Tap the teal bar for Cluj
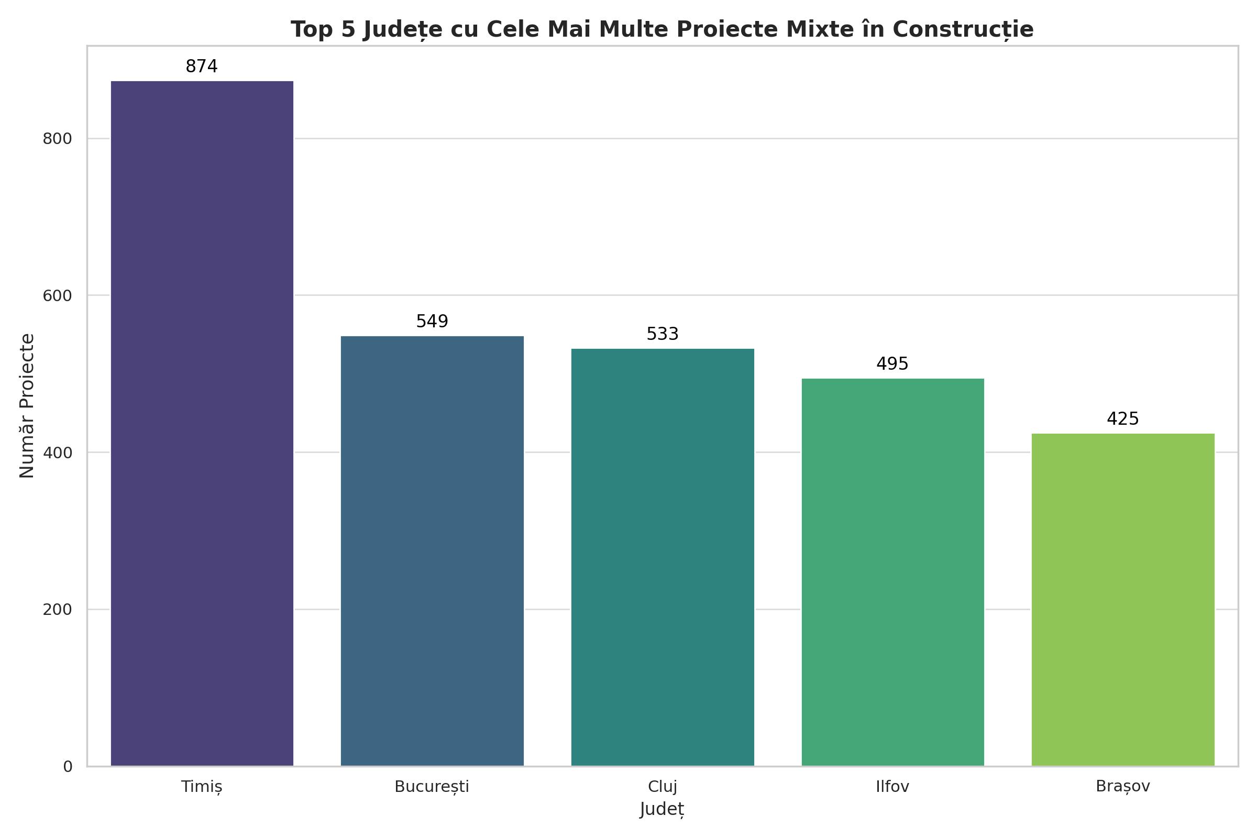tap(662, 557)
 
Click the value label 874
tap(202, 67)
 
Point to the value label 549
tap(432, 322)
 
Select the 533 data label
tap(662, 335)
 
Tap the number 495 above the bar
tap(892, 365)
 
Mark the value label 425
tap(1123, 420)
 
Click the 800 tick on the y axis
tap(57, 139)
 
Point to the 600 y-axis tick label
tap(57, 295)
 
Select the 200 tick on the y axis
tap(57, 610)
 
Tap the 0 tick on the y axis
tap(68, 767)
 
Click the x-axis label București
tap(432, 787)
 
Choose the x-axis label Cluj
tap(662, 787)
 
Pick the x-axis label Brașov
tap(1123, 787)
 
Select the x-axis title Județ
tap(662, 810)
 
